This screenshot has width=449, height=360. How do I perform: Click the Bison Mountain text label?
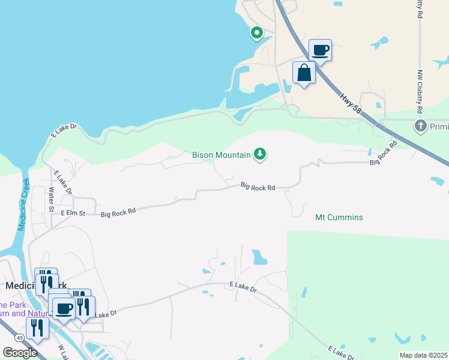pyautogui.click(x=221, y=155)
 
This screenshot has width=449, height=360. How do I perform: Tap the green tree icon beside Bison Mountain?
pyautogui.click(x=260, y=155)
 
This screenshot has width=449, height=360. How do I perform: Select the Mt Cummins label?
pyautogui.click(x=339, y=217)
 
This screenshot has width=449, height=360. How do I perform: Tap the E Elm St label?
pyautogui.click(x=73, y=213)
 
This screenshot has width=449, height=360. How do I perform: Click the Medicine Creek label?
pyautogui.click(x=23, y=204)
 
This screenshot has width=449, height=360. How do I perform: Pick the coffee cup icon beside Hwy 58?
pyautogui.click(x=320, y=50)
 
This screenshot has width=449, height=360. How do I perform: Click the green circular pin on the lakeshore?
pyautogui.click(x=257, y=32)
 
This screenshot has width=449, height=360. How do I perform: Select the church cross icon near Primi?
pyautogui.click(x=420, y=126)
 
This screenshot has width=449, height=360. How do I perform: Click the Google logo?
pyautogui.click(x=20, y=353)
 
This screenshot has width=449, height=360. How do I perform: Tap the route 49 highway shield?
pyautogui.click(x=20, y=338)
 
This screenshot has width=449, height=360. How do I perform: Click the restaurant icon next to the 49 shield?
pyautogui.click(x=38, y=328)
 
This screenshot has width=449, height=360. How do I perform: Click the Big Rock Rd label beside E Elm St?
pyautogui.click(x=118, y=212)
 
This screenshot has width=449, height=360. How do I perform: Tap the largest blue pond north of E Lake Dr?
pyautogui.click(x=260, y=257)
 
